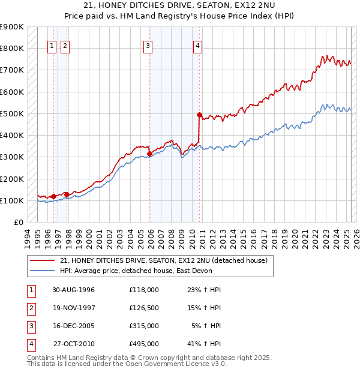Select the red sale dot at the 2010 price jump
pyautogui.click(x=199, y=114)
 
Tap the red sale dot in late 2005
pyautogui.click(x=149, y=154)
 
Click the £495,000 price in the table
pyautogui.click(x=143, y=344)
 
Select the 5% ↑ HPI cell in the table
pyautogui.click(x=206, y=326)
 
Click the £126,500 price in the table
pyautogui.click(x=143, y=308)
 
